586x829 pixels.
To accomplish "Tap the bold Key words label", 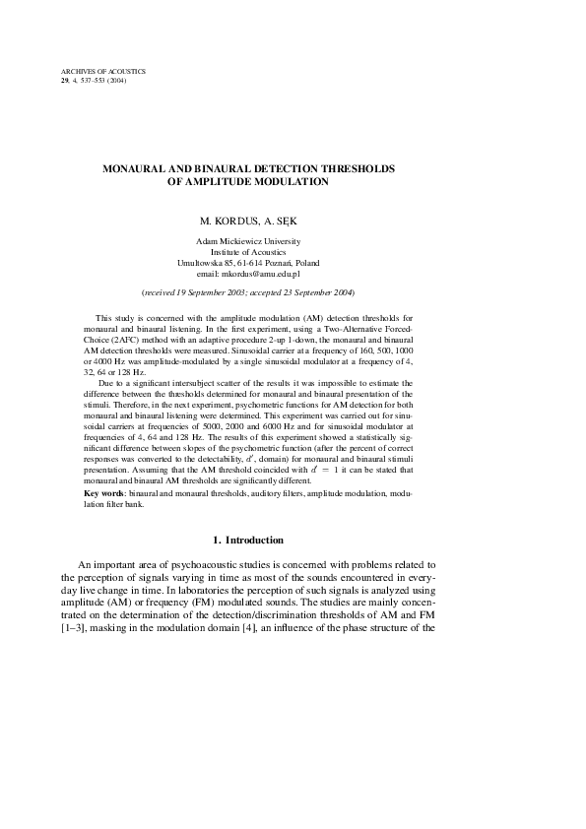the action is pos(105,492).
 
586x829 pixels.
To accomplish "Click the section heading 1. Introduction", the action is pos(248,541).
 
